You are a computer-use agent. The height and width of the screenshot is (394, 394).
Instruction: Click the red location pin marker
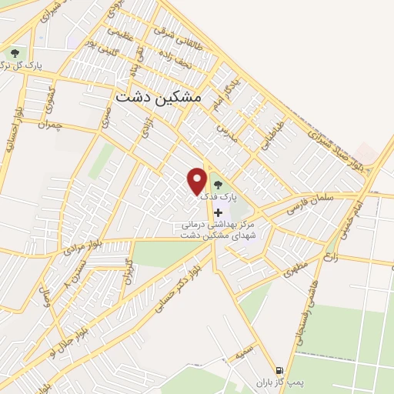[x=198, y=180]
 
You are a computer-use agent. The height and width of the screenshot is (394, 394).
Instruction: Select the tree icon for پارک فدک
[x=218, y=185]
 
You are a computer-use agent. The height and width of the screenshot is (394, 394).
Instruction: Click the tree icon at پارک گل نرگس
[x=15, y=53]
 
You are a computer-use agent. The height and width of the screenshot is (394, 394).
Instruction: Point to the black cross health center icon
[x=218, y=212]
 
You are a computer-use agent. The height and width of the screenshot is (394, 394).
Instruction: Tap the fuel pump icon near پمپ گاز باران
[x=279, y=369]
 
